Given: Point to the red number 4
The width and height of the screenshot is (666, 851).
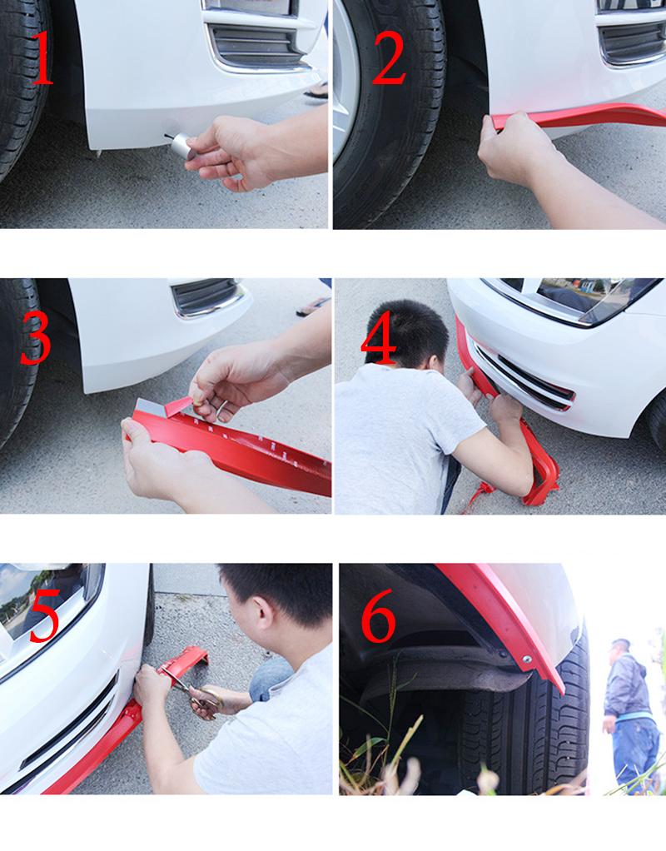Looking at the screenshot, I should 380,339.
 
